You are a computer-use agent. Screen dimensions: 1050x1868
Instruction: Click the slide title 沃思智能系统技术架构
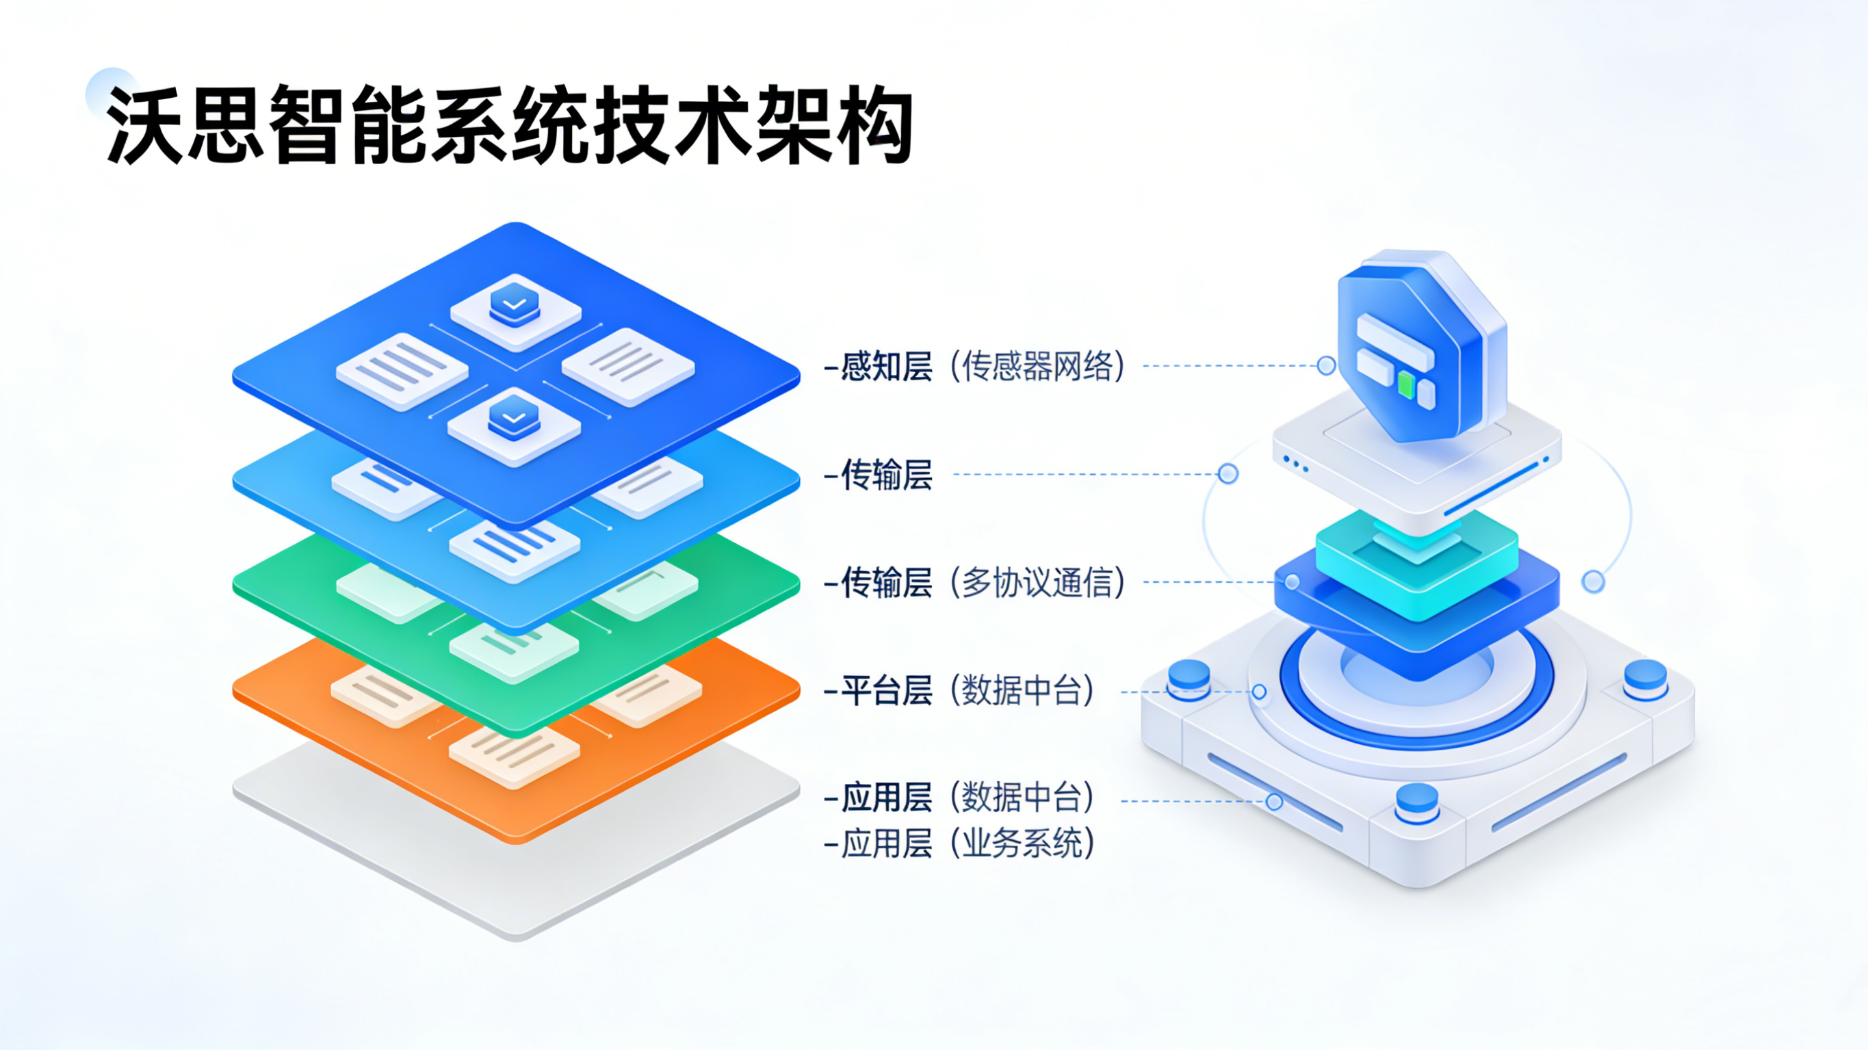(x=508, y=124)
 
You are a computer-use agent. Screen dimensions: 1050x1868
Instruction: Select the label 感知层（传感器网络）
(x=974, y=366)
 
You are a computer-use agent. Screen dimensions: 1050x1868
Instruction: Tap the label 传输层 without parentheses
(x=879, y=475)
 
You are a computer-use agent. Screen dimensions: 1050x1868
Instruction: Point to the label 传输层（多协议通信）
(x=974, y=582)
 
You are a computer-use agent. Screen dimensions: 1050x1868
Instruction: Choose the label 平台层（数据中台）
(x=959, y=690)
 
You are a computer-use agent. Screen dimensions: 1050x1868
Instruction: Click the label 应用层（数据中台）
(x=959, y=798)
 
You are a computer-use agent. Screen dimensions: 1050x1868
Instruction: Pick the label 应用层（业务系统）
(x=959, y=843)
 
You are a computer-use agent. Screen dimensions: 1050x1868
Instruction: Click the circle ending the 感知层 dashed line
(x=1326, y=365)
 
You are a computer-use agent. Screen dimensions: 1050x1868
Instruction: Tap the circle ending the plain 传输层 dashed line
(x=1228, y=474)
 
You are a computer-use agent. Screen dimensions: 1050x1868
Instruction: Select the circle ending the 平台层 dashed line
(x=1260, y=692)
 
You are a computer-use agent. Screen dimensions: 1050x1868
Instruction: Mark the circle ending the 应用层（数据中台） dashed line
(x=1274, y=801)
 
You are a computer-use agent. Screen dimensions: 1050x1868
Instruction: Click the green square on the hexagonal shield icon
(x=1406, y=385)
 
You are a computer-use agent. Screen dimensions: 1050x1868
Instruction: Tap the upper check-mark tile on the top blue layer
(x=515, y=309)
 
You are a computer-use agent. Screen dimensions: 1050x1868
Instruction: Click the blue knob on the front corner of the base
(x=1417, y=801)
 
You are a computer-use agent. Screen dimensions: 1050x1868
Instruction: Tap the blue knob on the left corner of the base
(x=1189, y=677)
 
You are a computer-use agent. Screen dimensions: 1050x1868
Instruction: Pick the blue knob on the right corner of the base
(x=1645, y=677)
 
